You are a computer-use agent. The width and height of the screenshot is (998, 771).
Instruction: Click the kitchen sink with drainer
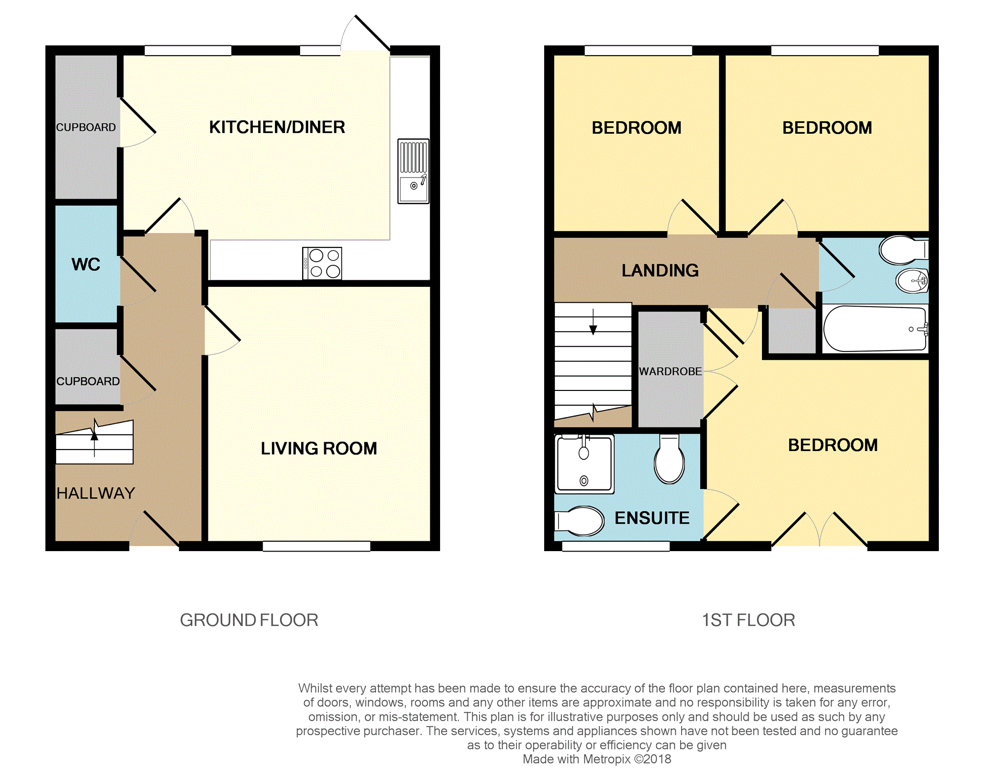413,171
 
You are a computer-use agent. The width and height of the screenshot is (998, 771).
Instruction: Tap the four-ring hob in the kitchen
322,263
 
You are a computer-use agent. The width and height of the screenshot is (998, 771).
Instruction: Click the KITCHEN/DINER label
277,127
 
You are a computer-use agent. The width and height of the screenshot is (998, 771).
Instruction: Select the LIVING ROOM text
319,448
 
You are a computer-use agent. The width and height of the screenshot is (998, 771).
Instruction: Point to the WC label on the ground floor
86,264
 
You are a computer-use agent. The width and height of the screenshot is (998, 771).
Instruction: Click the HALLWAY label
96,493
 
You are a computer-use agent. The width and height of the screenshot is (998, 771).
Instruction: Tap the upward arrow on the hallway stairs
95,438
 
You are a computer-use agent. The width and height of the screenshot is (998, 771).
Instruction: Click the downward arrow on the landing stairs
593,321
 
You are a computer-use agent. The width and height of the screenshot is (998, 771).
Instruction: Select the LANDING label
660,270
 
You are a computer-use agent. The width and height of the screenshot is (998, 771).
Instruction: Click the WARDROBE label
670,371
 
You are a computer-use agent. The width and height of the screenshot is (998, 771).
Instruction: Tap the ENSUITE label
652,518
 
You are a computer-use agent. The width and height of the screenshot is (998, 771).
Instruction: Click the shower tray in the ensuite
585,464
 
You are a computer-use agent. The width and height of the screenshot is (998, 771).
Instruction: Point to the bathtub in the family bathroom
875,328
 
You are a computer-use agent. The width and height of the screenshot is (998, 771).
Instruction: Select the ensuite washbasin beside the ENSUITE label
580,521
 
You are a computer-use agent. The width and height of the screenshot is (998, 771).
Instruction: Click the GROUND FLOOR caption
249,620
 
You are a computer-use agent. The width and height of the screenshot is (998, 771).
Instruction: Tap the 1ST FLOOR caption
748,620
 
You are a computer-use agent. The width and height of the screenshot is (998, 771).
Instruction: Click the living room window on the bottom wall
316,546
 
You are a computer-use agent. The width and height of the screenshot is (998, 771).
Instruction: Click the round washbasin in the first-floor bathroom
912,281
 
